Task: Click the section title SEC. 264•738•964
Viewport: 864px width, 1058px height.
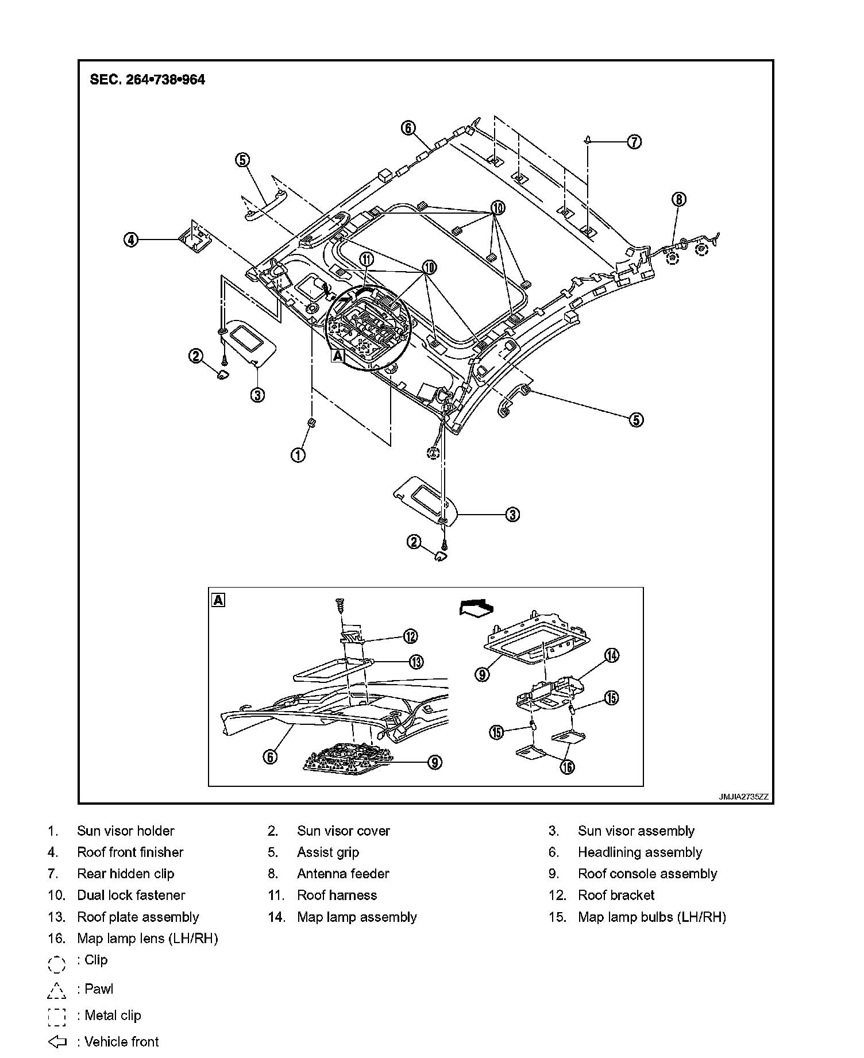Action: click(147, 79)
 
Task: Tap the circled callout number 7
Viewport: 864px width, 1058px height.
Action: click(634, 141)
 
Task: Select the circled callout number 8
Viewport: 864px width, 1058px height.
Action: click(678, 199)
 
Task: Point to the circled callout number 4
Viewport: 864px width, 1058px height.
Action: click(132, 240)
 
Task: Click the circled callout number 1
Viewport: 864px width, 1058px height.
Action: click(298, 455)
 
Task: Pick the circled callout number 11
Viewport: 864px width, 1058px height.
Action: click(367, 260)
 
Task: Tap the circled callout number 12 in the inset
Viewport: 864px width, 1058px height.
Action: click(410, 636)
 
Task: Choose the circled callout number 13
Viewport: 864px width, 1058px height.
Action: click(416, 662)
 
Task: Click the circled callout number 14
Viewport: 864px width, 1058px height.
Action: click(612, 655)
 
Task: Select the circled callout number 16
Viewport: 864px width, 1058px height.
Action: click(567, 767)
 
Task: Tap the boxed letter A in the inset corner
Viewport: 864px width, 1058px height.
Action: click(218, 600)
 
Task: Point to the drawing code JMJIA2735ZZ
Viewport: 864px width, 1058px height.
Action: click(743, 797)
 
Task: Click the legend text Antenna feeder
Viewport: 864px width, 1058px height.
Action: click(343, 874)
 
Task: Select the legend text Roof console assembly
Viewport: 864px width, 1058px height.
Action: click(647, 874)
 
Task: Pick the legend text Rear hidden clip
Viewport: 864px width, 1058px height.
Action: click(125, 874)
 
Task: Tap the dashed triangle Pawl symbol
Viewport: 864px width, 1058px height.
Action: click(57, 990)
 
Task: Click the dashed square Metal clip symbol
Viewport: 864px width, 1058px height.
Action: click(57, 1017)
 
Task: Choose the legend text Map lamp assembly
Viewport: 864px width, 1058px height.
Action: click(357, 917)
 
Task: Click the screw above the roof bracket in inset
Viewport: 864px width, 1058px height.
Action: click(340, 607)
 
